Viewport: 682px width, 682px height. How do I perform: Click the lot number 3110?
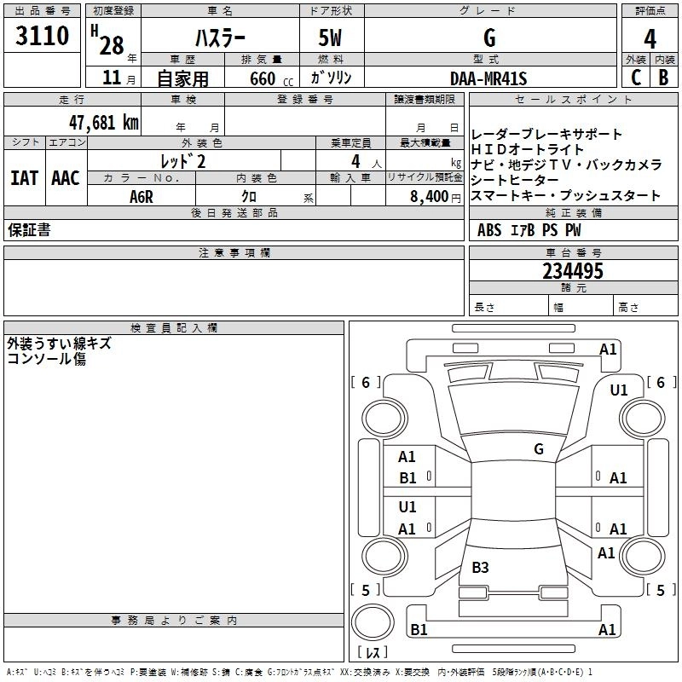tap(43, 38)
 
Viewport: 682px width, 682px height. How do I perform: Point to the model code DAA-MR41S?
tap(488, 78)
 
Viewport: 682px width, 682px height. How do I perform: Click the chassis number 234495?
tap(573, 271)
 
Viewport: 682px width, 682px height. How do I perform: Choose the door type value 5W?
tap(331, 38)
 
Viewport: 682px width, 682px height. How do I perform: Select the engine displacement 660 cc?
tap(256, 78)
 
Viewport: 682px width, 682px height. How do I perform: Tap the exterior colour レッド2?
tap(183, 160)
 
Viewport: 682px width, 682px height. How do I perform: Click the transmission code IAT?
tap(24, 178)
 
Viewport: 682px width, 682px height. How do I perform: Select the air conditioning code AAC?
tap(66, 178)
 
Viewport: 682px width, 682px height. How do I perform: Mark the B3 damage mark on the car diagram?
tap(480, 567)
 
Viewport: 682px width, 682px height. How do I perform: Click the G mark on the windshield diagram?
tap(539, 448)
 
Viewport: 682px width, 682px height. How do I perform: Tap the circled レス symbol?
tap(373, 653)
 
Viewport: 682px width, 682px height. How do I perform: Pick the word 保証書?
tap(29, 230)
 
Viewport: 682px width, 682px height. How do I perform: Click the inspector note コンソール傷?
tap(46, 359)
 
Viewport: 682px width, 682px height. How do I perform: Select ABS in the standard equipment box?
tap(489, 230)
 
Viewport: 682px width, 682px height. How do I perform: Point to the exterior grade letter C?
tap(635, 78)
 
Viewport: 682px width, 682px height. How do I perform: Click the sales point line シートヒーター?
tap(515, 181)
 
